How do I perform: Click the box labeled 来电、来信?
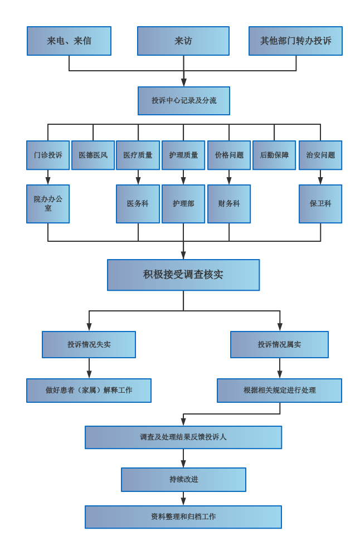[69, 41]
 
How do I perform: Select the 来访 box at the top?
[183, 41]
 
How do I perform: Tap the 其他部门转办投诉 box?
[295, 41]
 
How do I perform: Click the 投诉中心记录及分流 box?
[184, 101]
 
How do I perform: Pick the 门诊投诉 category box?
[48, 155]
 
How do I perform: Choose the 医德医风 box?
[93, 155]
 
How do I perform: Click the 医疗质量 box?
[138, 155]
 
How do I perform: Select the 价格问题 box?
[229, 155]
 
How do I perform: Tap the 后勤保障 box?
[274, 155]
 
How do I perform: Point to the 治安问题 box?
[320, 155]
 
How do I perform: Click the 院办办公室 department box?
[48, 204]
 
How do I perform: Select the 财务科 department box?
[229, 204]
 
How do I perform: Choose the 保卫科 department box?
[320, 204]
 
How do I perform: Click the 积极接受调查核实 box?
[183, 275]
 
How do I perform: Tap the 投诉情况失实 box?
[89, 344]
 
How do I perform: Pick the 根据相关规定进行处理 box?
[279, 391]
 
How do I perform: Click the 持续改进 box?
[183, 480]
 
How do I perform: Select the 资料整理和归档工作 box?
[183, 517]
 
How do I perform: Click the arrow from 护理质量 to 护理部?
[183, 177]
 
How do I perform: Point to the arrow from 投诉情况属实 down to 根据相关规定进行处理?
[280, 368]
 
